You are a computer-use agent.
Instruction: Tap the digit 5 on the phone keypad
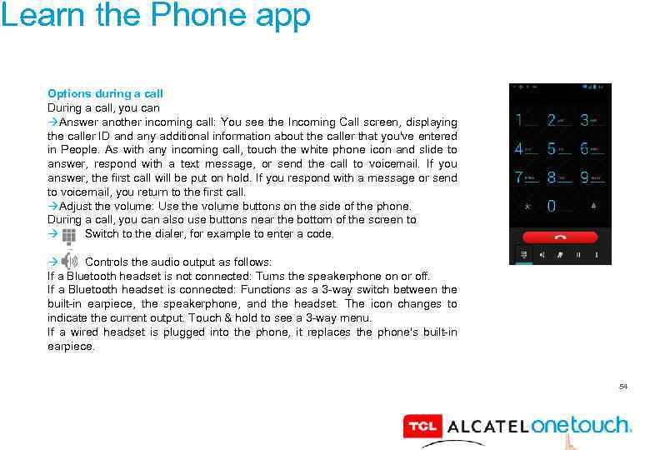point(552,149)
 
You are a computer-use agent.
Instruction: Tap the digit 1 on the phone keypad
point(519,121)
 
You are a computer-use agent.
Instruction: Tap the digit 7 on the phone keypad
point(519,177)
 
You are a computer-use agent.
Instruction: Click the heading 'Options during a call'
point(105,94)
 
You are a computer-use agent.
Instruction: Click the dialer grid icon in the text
point(68,235)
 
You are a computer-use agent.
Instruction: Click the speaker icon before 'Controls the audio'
point(69,261)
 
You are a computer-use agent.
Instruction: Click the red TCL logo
point(421,427)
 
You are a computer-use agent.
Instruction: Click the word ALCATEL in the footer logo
point(488,427)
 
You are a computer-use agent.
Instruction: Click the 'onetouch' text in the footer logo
point(581,425)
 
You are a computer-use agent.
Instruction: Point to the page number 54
point(622,387)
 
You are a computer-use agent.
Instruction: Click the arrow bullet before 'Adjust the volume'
point(52,207)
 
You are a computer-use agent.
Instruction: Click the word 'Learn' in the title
point(32,15)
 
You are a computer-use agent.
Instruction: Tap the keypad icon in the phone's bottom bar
point(524,253)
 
